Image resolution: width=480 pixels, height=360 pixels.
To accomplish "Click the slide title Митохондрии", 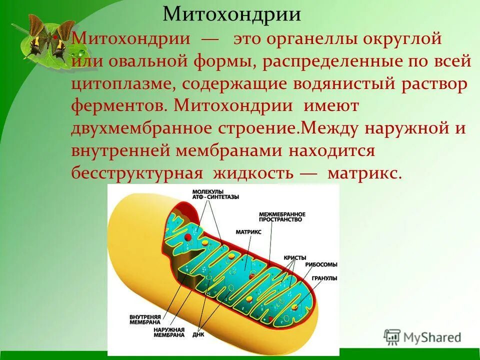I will tap(232, 14).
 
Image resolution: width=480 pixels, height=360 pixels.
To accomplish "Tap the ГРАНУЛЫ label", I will tap(324, 278).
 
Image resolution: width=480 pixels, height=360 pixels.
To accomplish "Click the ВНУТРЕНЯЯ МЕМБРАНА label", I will tap(130, 320).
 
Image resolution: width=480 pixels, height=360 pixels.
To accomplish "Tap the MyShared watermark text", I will tap(430, 337).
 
